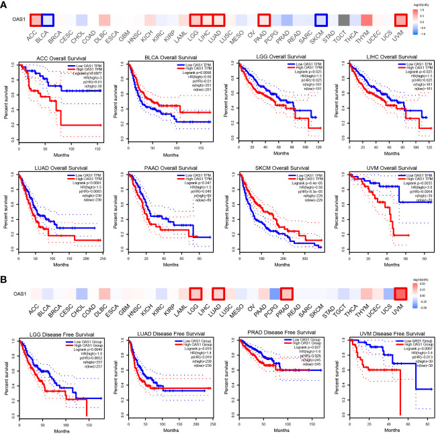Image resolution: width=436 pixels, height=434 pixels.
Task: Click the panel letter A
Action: click(5, 5)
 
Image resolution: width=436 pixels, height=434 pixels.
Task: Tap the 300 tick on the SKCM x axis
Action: click(318, 257)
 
